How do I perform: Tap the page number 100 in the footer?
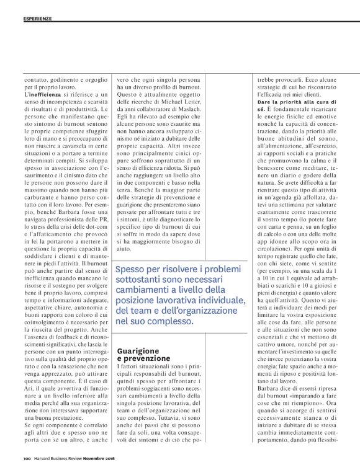click(27, 459)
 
